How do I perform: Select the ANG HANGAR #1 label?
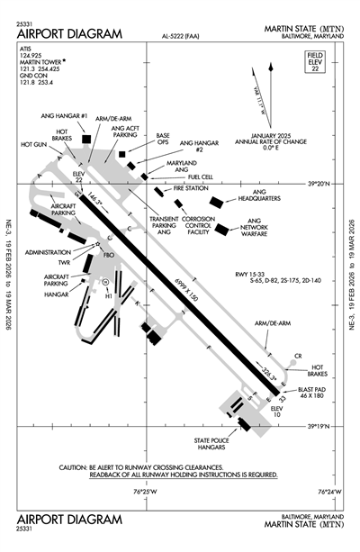pos(72,117)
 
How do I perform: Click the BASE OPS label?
pos(163,139)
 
